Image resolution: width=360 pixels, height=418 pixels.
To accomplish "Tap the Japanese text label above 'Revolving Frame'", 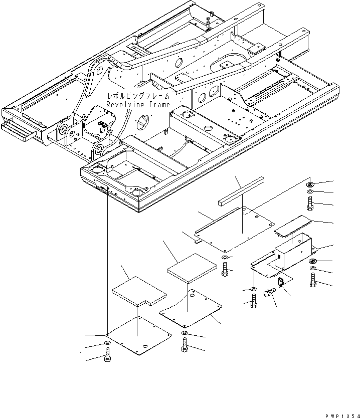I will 137,96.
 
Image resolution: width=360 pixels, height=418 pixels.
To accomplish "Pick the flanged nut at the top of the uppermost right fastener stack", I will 310,185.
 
